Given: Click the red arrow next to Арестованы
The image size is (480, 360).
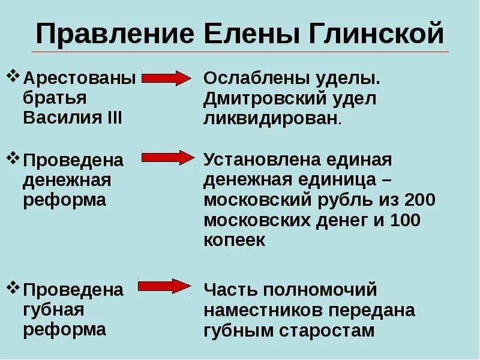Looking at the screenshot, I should (166, 78).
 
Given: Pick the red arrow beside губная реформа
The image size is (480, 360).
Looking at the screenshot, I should (165, 286).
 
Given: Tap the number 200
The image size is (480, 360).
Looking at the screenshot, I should (419, 200).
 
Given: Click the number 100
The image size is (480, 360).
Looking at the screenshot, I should (405, 220).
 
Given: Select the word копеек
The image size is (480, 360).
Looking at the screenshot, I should (234, 240).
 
